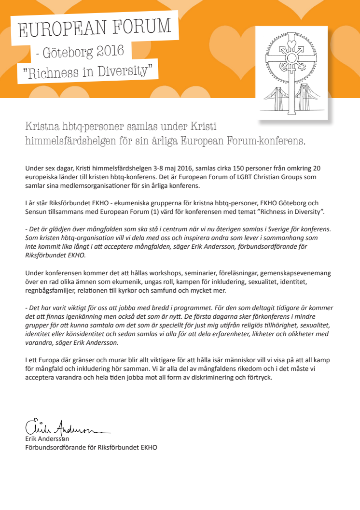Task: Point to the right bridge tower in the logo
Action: [304, 96]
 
